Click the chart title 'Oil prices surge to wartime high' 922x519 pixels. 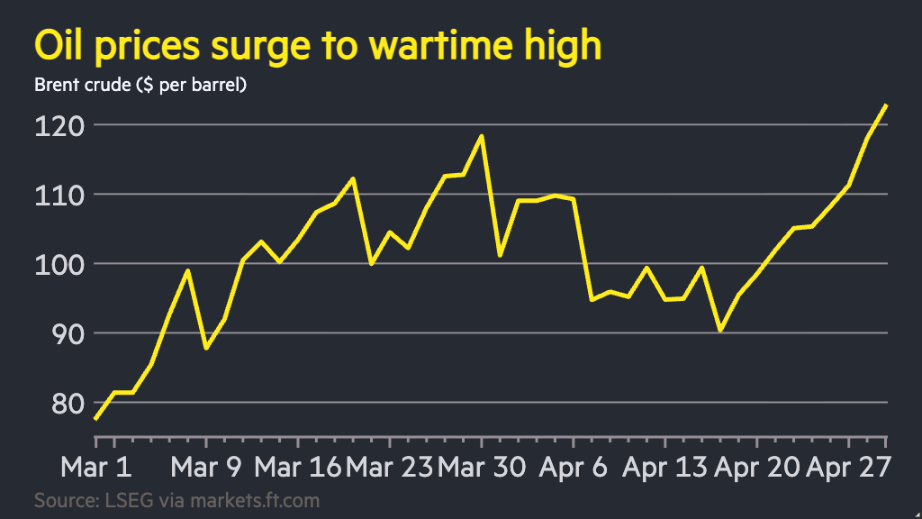pyautogui.click(x=317, y=45)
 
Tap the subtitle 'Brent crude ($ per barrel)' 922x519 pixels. pyautogui.click(x=140, y=86)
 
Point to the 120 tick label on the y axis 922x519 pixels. pyautogui.click(x=54, y=124)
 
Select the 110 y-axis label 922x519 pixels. pyautogui.click(x=54, y=194)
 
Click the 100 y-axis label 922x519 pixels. pyautogui.click(x=54, y=264)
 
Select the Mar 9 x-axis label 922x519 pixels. pyautogui.click(x=206, y=468)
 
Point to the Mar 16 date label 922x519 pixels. pyautogui.click(x=297, y=468)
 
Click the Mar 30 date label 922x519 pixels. pyautogui.click(x=483, y=468)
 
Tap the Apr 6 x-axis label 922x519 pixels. pyautogui.click(x=574, y=468)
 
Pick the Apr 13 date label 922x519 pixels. pyautogui.click(x=666, y=468)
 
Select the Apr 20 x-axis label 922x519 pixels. pyautogui.click(x=758, y=468)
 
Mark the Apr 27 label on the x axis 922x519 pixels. pyautogui.click(x=848, y=468)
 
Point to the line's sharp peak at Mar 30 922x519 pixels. pyautogui.click(x=482, y=136)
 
